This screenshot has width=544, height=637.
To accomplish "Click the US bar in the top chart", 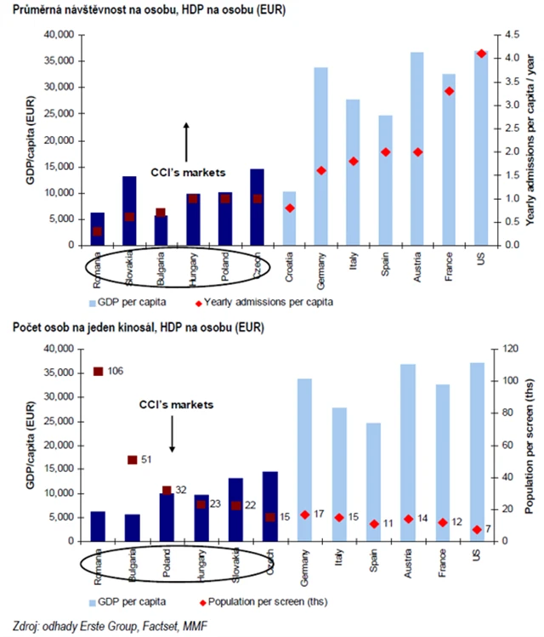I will pos(481,148).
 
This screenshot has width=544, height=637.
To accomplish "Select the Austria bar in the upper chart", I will pos(416,149).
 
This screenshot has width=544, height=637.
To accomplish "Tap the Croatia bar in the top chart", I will pos(288,218).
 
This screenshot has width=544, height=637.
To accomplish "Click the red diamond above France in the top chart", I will pos(450,91).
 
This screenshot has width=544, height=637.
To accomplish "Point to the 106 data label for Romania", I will pos(115,371).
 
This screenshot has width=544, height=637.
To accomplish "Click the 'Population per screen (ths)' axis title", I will pos(529,442).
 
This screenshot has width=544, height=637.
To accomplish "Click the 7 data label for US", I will pos(488,530).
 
